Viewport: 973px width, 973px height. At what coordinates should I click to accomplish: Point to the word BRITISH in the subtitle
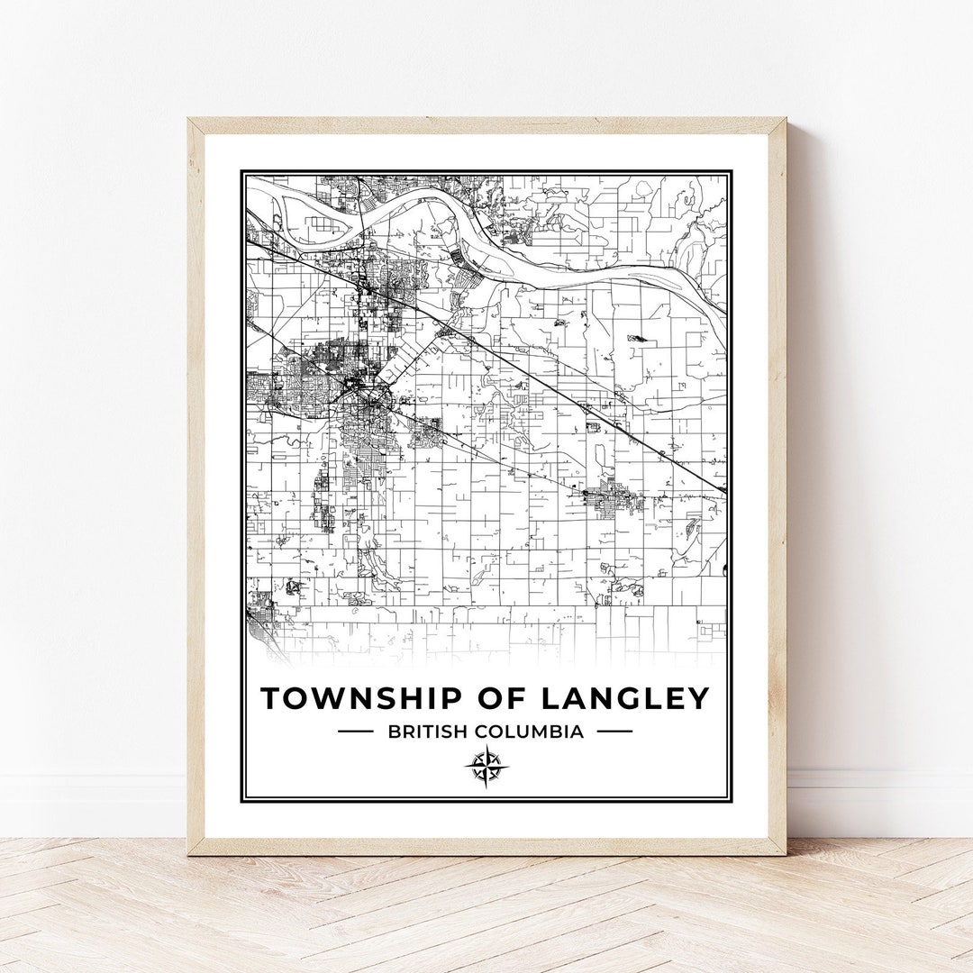click(423, 732)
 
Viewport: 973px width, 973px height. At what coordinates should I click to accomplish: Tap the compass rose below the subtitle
click(486, 768)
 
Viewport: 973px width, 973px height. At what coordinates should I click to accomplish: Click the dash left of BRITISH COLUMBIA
click(355, 732)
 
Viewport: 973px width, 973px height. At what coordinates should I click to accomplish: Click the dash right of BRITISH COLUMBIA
click(614, 732)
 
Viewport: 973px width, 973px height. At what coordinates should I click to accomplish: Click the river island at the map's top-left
click(311, 221)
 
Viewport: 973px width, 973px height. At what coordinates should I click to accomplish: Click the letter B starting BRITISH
click(394, 732)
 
